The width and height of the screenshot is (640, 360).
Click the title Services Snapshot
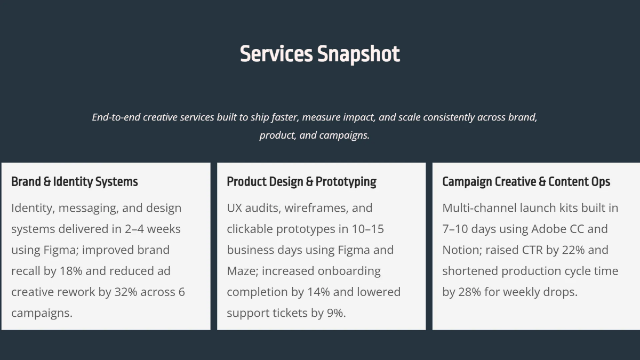coord(320,54)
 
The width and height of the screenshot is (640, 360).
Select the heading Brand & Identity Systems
coord(75,182)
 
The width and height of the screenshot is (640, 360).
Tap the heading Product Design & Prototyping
coord(301,182)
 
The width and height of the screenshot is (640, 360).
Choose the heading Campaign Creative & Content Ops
coord(526,182)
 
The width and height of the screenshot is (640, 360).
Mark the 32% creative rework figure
coord(126,292)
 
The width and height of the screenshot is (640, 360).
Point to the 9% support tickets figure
coord(335,313)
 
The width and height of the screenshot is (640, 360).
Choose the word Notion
coord(461,250)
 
